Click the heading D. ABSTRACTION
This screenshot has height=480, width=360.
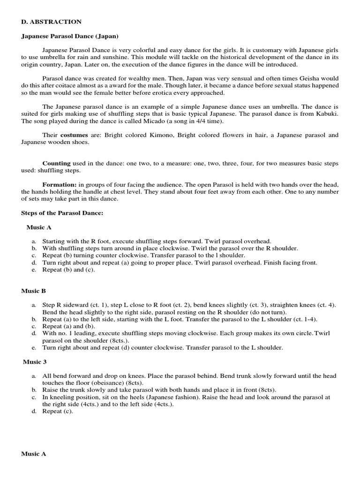point(52,22)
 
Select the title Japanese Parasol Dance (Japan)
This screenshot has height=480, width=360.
point(70,36)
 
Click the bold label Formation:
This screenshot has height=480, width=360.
point(60,185)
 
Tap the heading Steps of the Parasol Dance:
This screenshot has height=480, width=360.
point(62,213)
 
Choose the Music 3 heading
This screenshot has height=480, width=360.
point(36,361)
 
